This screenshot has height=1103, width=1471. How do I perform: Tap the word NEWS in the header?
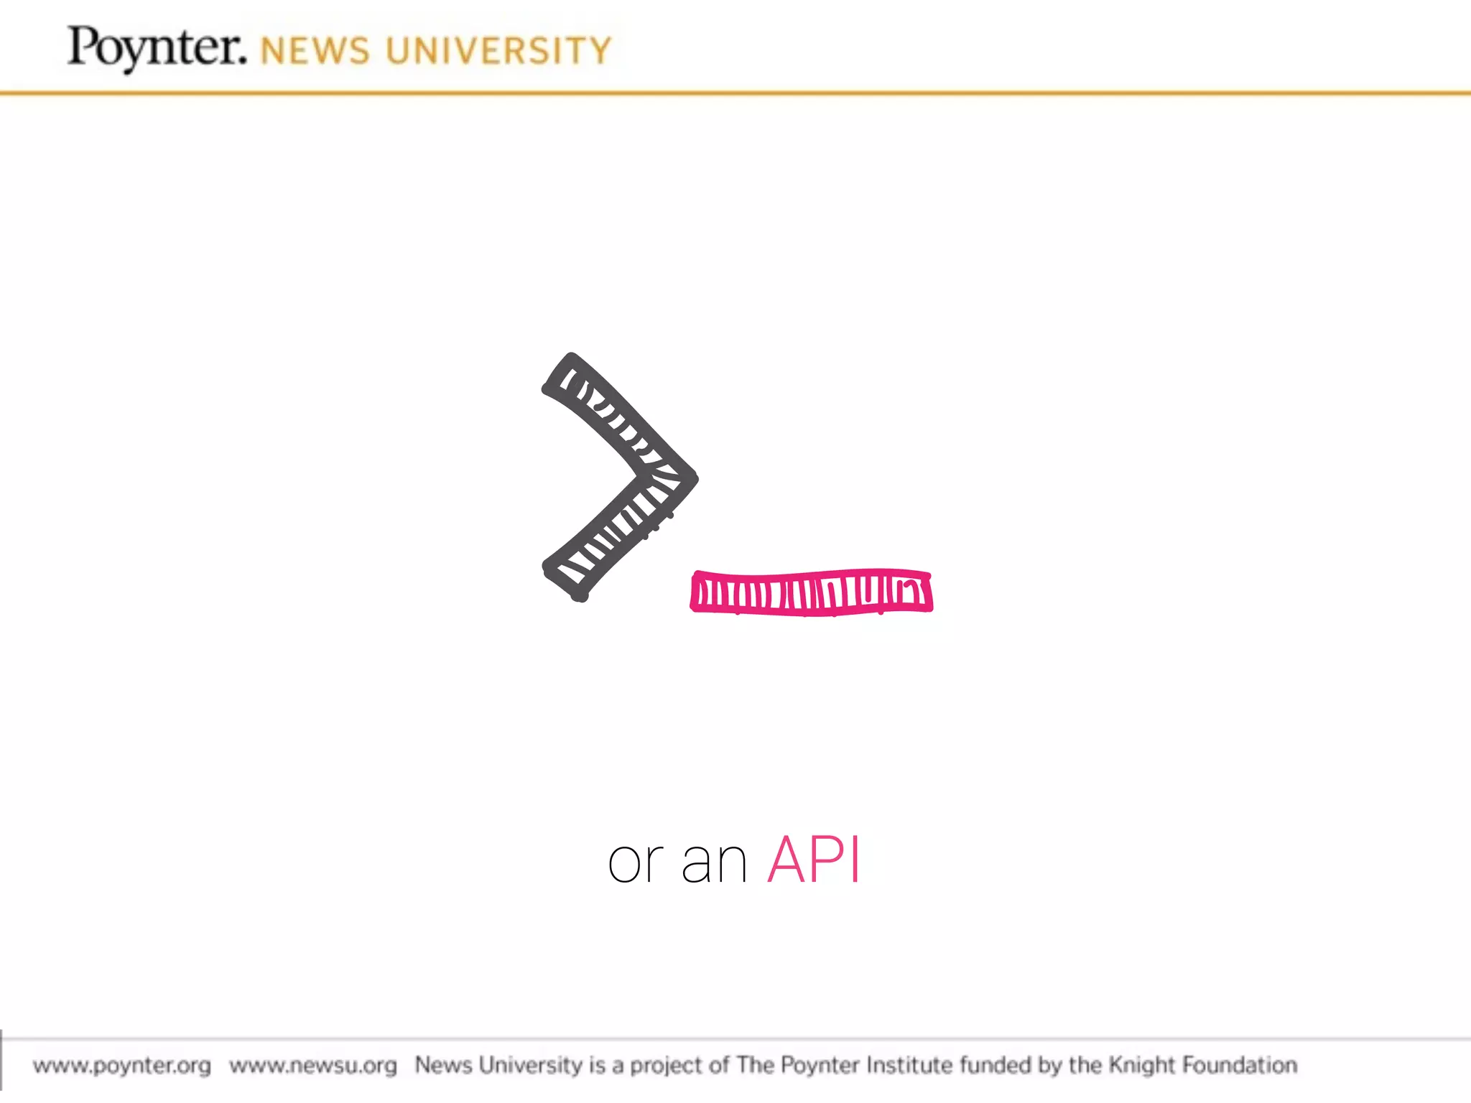click(315, 52)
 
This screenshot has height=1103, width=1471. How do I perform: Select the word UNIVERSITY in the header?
click(498, 52)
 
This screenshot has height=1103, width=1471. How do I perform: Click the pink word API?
click(814, 860)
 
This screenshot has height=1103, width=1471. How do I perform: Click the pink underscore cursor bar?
click(812, 593)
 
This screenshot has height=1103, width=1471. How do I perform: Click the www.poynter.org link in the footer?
click(122, 1065)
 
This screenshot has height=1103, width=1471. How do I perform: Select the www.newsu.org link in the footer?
click(313, 1065)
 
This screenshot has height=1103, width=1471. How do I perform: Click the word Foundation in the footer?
click(1240, 1064)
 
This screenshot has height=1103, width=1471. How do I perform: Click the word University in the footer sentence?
click(530, 1065)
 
